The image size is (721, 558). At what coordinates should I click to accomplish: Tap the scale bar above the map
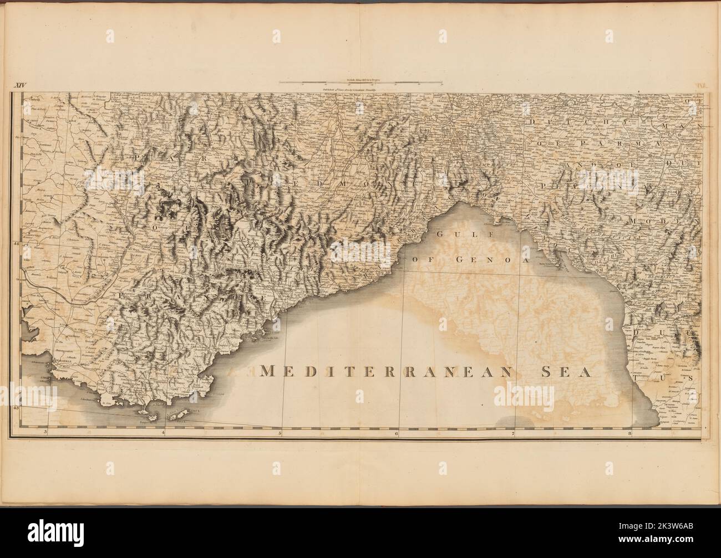[360, 83]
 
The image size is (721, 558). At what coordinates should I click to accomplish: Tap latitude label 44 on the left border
[16, 243]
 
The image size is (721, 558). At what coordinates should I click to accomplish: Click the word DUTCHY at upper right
[560, 121]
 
